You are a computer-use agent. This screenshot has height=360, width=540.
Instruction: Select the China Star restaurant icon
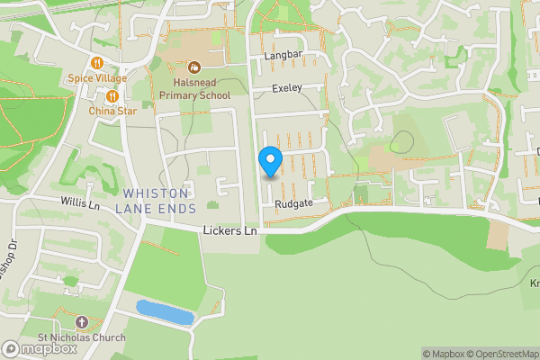tap(112, 95)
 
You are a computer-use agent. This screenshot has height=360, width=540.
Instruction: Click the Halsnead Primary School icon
tap(193, 67)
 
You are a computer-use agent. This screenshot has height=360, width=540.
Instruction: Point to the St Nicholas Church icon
tap(81, 322)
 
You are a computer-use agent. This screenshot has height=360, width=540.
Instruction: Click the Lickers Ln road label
tap(231, 231)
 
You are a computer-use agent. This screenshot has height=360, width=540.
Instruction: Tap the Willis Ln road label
tap(80, 203)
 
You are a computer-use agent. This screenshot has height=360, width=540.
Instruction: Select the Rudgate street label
tap(294, 203)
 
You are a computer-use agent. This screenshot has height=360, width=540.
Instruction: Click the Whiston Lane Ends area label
tap(156, 201)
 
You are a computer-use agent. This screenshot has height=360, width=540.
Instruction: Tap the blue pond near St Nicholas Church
tap(165, 312)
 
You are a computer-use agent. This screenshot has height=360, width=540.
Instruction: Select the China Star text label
tap(112, 111)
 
